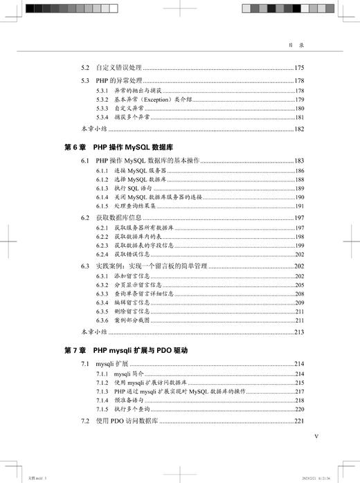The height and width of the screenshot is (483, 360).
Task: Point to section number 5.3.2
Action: pos(101,100)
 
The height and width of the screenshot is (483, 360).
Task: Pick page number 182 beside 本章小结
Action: pos(299,129)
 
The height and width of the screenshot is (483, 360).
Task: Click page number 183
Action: pos(299,161)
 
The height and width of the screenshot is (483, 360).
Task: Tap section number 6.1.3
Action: pos(101,188)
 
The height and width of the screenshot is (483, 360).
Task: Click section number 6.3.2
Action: pos(101,284)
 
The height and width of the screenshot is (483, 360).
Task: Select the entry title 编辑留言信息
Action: pos(136,302)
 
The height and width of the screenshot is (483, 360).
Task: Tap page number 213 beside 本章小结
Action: pos(299,331)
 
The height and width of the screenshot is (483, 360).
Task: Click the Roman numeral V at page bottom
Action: pos(316,436)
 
